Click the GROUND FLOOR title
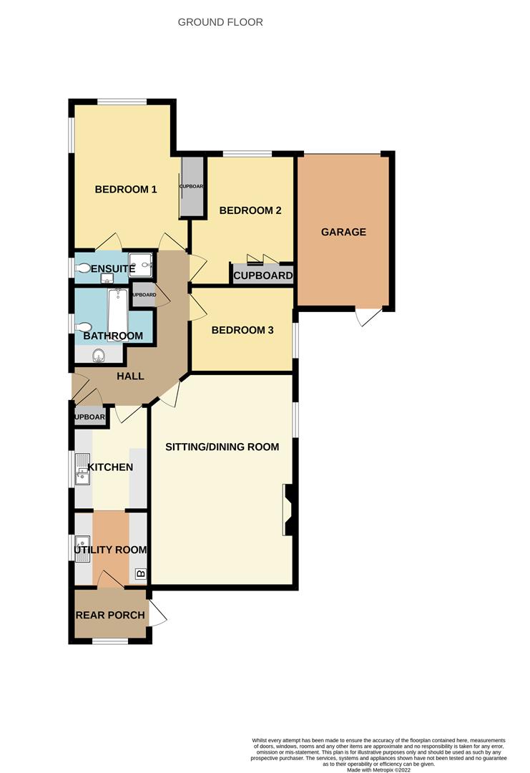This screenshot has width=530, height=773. [x=220, y=22]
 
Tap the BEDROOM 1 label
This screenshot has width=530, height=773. [x=126, y=189]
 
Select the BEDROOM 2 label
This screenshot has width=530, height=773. [x=250, y=210]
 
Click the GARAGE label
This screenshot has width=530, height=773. [x=343, y=232]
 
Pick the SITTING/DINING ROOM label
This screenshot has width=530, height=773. [x=222, y=447]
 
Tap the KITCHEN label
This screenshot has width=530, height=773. [x=110, y=467]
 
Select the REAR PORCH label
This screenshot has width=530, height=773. [x=110, y=615]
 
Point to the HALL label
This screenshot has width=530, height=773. [x=130, y=376]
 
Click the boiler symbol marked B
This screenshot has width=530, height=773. [x=140, y=573]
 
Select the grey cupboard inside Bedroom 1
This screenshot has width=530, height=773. [x=192, y=187]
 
